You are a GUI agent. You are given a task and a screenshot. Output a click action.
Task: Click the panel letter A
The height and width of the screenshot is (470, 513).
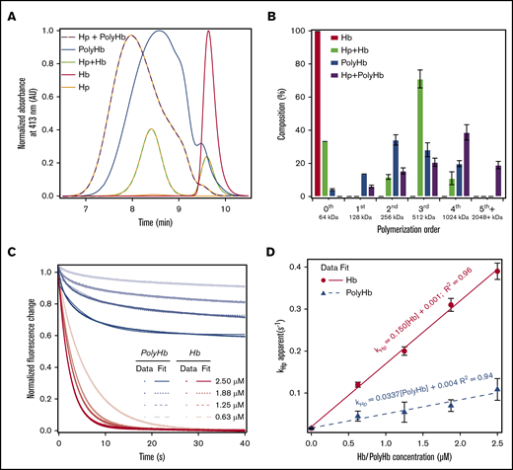point(8,9)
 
